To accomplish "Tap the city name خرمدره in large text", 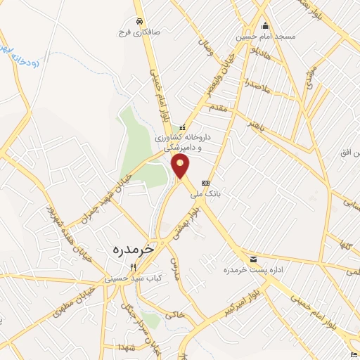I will (x=131, y=249).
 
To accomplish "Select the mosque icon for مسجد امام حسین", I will (x=265, y=25).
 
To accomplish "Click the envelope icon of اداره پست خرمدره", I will (x=252, y=258).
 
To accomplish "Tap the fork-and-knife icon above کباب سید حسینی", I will (x=133, y=266).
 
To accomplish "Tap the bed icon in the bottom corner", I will (x=353, y=353).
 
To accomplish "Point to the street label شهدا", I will (x=127, y=349).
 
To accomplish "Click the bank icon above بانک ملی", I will (x=205, y=184).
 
